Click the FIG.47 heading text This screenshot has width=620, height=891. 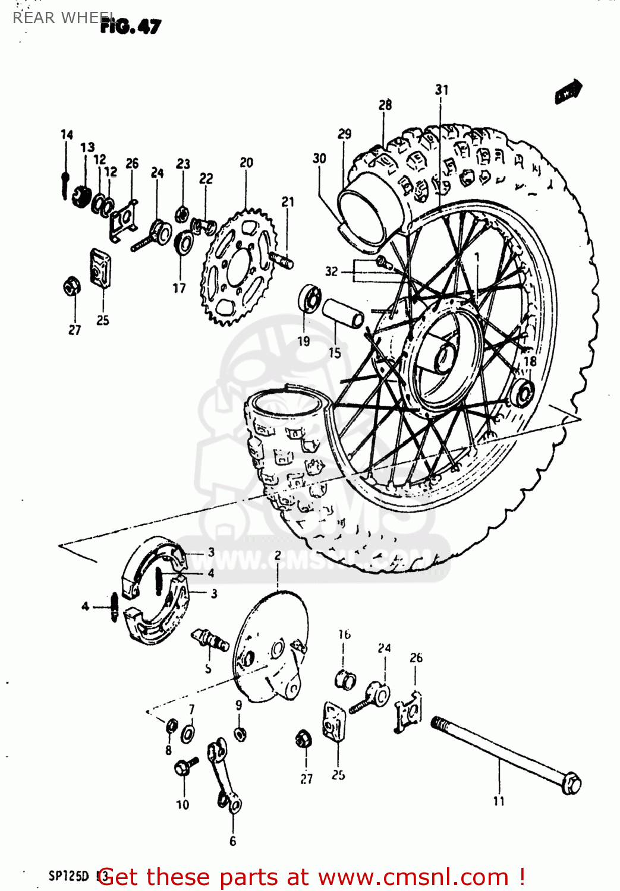pos(130,26)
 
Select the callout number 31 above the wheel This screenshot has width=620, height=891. pos(441,90)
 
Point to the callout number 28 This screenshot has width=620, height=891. pos(385,105)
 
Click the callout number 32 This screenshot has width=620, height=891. pos(331,271)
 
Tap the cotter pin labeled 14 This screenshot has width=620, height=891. pos(65,178)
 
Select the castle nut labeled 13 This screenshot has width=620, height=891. pos(81,195)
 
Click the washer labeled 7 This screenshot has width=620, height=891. pos(188,733)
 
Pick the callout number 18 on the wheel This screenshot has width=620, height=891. pos(530,361)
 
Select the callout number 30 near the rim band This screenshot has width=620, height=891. pos(319,159)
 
